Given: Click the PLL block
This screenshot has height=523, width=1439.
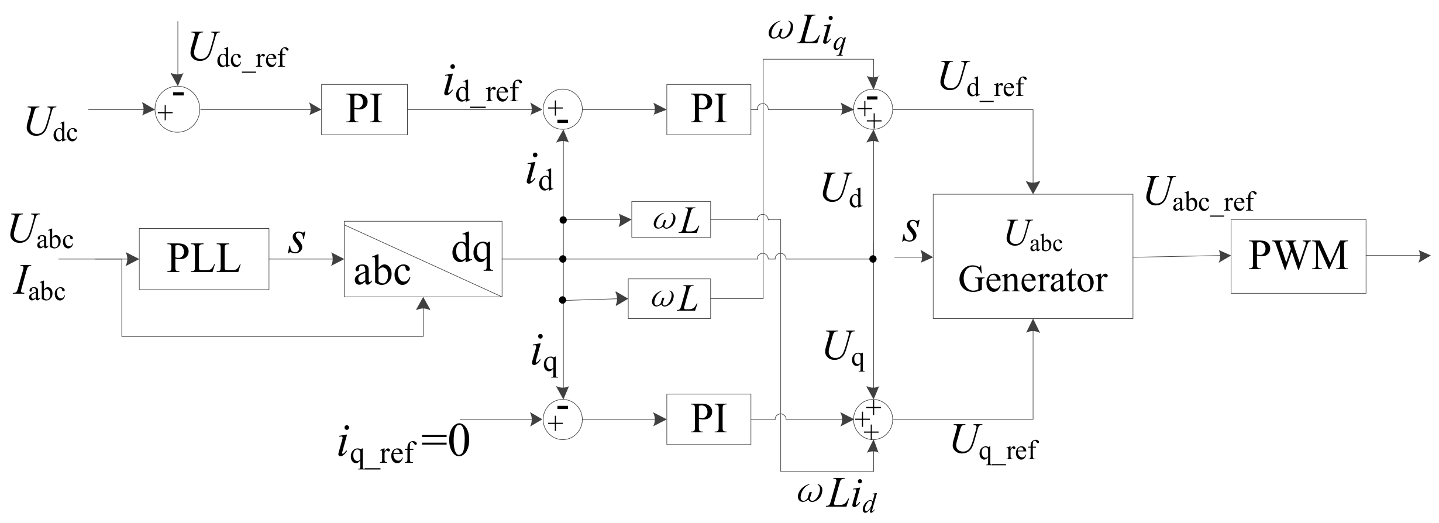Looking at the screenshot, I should pos(204,259).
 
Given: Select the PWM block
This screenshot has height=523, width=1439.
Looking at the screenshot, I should pos(1298,256).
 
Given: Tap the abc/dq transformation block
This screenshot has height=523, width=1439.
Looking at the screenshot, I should pos(423,259).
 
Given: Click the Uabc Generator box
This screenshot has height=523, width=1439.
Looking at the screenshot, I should pos(1032,256).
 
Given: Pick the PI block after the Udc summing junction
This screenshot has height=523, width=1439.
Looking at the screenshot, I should pos(364,109).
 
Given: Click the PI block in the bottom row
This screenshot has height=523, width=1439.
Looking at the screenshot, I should pos(708,419).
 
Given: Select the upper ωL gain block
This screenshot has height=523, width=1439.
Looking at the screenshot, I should pos(671,220).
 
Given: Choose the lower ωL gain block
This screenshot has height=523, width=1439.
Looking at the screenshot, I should pos(669,299).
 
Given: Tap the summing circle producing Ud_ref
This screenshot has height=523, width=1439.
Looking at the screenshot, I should pos(873,109).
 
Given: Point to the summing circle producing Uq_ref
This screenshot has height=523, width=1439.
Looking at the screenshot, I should pos(873,419).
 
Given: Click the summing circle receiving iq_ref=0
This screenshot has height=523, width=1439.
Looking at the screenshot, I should pos(563,419).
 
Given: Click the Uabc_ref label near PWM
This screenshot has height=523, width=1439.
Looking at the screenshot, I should pos(1199,195).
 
